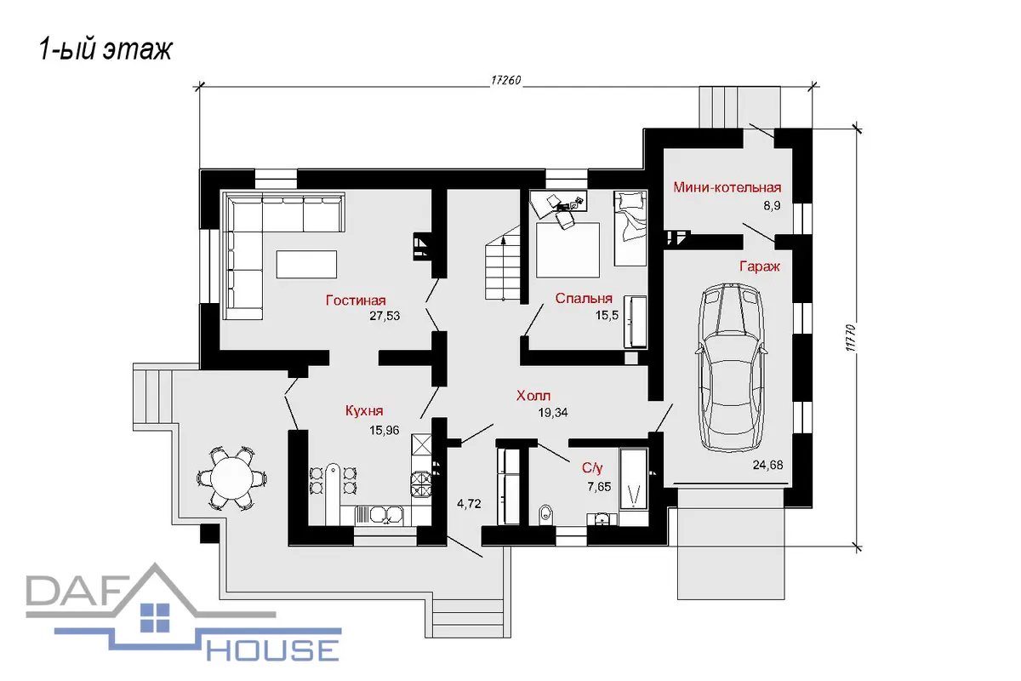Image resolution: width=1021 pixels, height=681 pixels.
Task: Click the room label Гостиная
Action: [x=356, y=300]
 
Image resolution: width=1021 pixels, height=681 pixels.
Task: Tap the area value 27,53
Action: [x=385, y=316]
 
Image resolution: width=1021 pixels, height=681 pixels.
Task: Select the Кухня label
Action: [x=364, y=410]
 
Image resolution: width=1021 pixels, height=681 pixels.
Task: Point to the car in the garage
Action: [x=731, y=368]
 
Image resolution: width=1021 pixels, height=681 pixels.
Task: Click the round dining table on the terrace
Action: [x=232, y=478]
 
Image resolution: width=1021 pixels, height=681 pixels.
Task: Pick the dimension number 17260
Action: [x=506, y=80]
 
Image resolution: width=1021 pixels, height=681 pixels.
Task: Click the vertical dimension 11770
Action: [x=851, y=338]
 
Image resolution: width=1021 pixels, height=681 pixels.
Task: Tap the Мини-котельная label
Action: [x=727, y=187]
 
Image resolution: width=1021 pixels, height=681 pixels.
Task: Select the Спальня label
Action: [x=584, y=298]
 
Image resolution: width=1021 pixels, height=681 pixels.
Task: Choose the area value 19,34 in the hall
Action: [x=552, y=413]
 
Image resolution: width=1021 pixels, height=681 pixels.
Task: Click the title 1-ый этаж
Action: [x=106, y=49]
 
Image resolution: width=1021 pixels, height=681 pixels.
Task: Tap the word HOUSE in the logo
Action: [x=273, y=650]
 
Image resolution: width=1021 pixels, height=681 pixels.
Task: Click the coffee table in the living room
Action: [x=306, y=264]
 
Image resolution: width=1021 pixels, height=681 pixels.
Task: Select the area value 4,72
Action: [x=469, y=504]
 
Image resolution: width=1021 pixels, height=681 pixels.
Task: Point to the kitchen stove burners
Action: [x=421, y=484]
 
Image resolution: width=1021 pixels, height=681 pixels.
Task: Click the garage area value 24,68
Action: [x=767, y=465]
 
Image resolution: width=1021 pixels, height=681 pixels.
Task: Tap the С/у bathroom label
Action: [x=592, y=467]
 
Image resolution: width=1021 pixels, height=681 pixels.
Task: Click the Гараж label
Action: [x=759, y=266]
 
